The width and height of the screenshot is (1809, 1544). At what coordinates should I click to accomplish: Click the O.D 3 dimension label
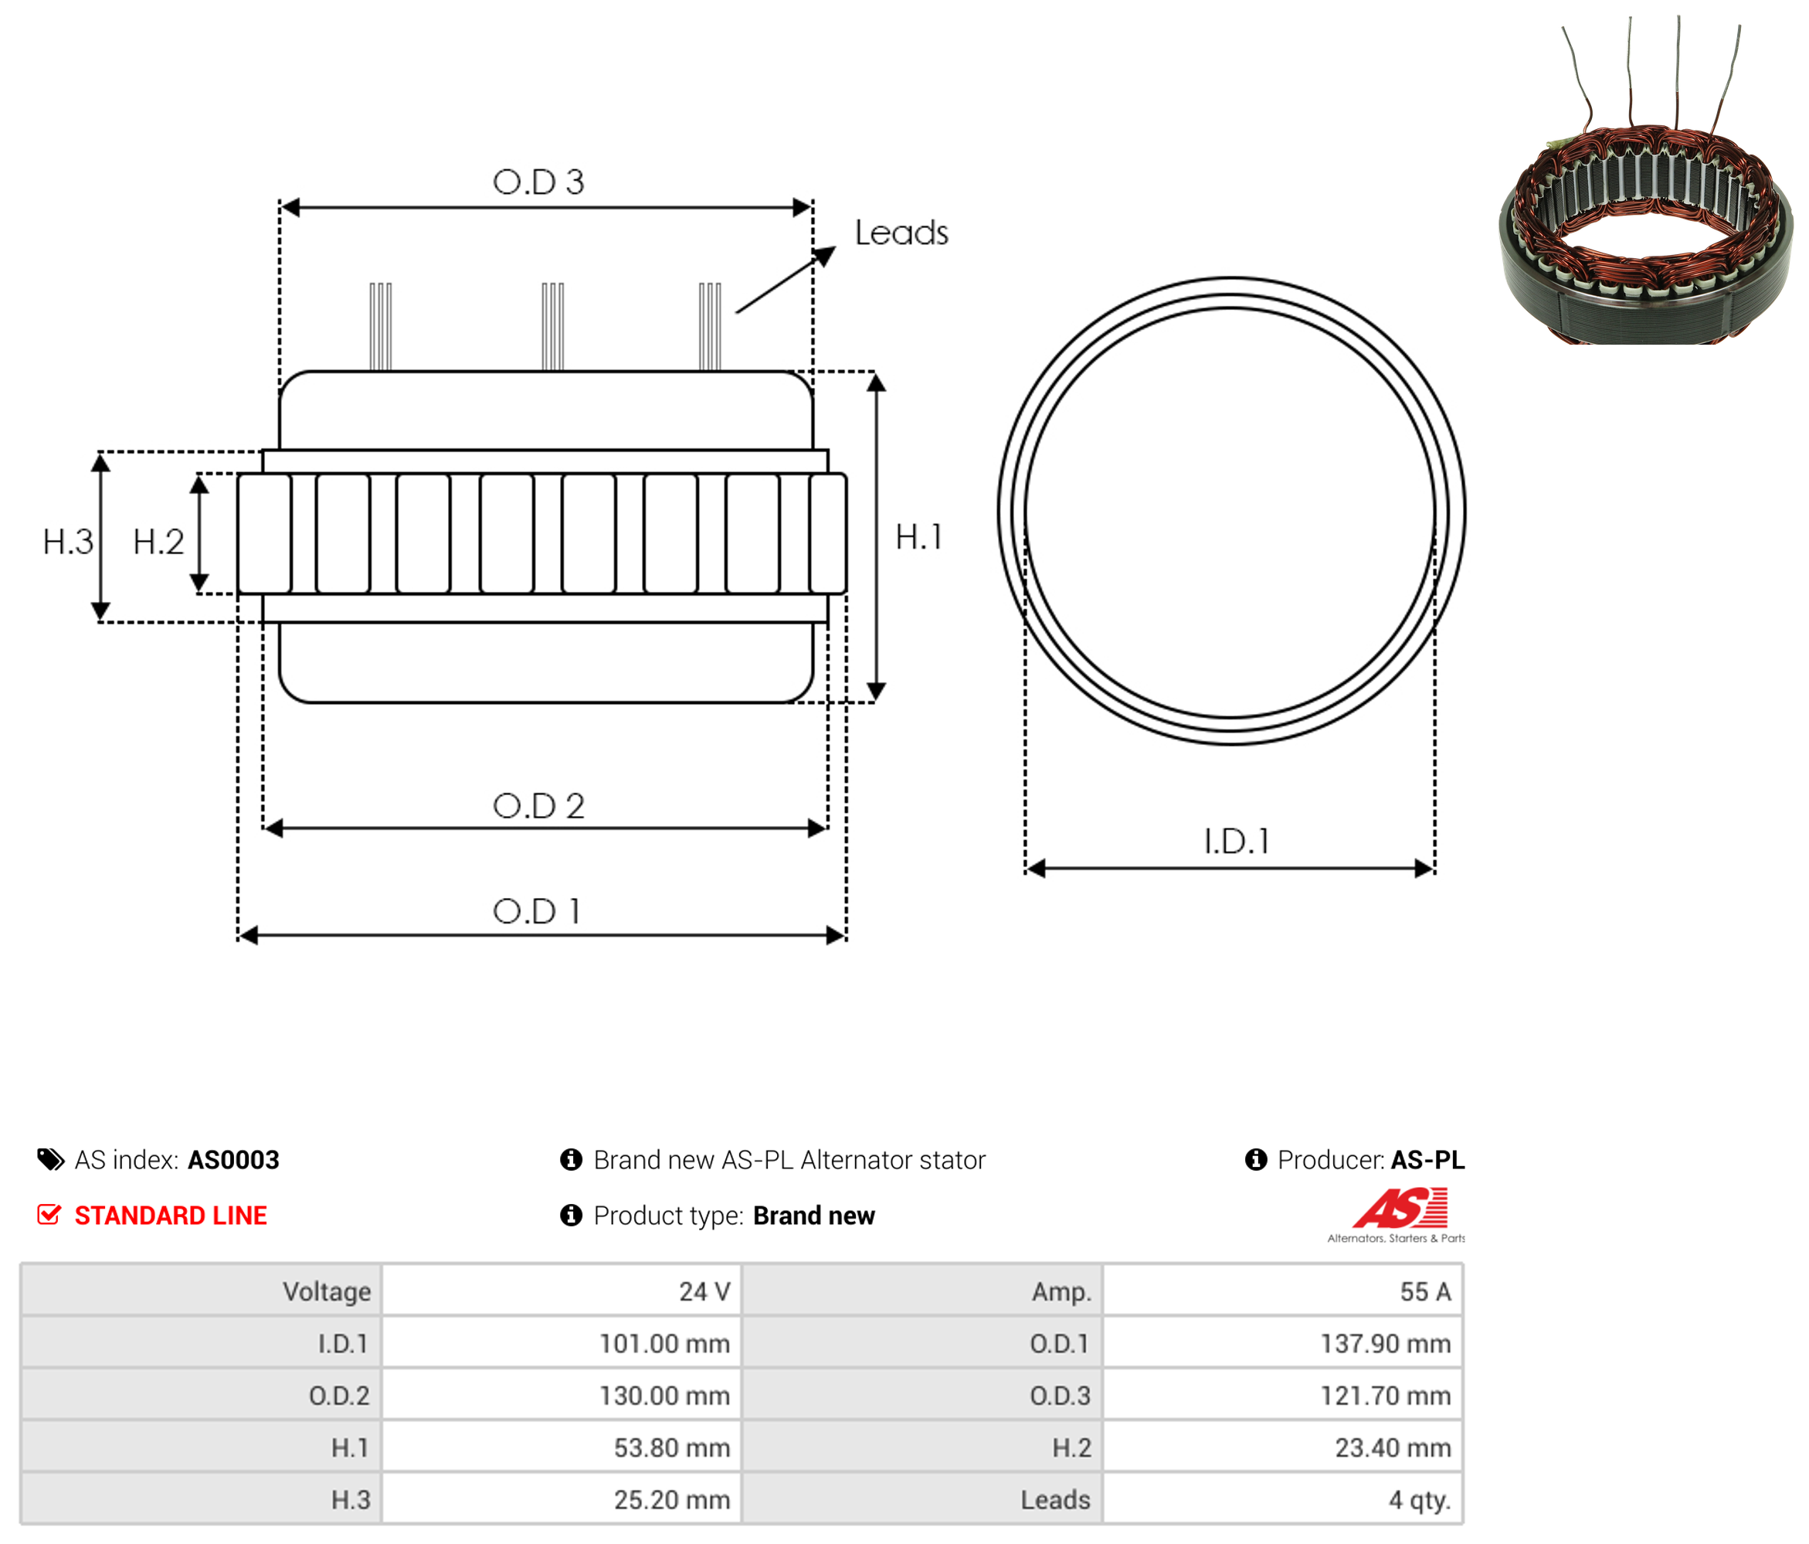(538, 182)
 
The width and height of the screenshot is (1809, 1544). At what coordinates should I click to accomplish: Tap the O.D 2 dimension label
(538, 805)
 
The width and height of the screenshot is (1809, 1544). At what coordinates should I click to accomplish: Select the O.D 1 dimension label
(536, 911)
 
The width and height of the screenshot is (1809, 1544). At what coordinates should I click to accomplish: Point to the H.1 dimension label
(919, 537)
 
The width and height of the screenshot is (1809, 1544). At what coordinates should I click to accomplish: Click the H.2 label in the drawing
(158, 542)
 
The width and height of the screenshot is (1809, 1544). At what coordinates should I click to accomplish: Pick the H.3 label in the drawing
(68, 542)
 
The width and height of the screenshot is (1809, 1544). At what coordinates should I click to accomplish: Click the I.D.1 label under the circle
(1237, 841)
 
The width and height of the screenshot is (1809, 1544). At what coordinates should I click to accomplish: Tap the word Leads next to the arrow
(901, 233)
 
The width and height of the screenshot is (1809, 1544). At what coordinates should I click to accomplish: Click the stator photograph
(1645, 180)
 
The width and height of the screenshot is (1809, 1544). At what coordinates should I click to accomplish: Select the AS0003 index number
(233, 1160)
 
